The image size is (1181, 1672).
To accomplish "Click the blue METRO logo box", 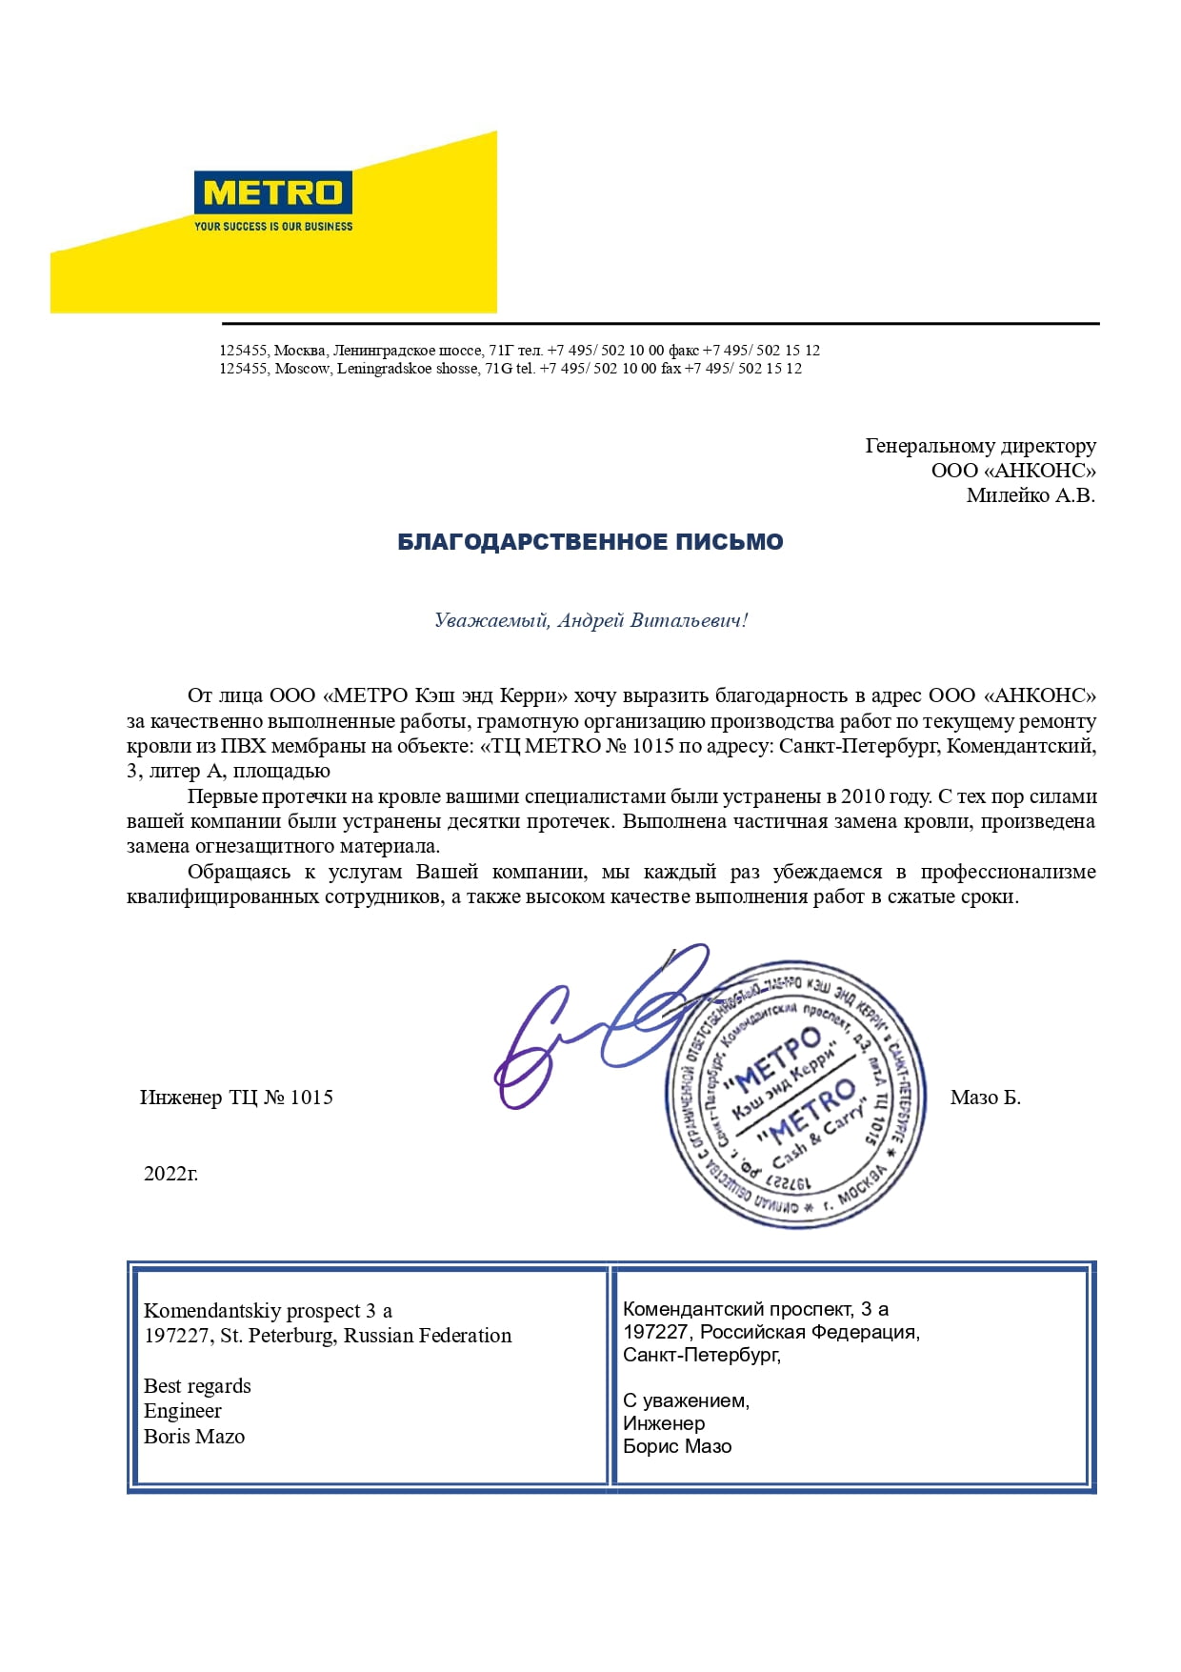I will [272, 192].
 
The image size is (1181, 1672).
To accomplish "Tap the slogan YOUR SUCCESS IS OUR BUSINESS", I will [273, 227].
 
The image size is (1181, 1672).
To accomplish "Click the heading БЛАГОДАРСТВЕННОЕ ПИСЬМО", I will [590, 542].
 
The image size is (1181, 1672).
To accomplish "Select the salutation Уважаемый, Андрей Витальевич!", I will [590, 620].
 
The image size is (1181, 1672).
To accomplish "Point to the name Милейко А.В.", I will [1031, 495].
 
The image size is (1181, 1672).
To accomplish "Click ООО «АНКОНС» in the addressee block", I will [1013, 471].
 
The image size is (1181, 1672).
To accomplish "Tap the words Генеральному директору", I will [980, 446].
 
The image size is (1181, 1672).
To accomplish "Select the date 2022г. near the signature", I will [170, 1174].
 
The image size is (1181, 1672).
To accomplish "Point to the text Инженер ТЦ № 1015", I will [236, 1098].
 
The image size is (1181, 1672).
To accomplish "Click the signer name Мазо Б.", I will [985, 1098].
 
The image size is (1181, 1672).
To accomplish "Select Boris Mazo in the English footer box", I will [194, 1437].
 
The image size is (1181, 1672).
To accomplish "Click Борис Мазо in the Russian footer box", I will [677, 1446].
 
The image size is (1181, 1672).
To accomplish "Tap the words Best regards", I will [197, 1386].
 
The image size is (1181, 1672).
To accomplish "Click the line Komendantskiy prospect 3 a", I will [268, 1311].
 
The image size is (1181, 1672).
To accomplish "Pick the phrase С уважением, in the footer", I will [686, 1400].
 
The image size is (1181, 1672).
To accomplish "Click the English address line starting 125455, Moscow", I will [510, 369].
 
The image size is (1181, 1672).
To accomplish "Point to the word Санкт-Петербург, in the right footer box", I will [702, 1355].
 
